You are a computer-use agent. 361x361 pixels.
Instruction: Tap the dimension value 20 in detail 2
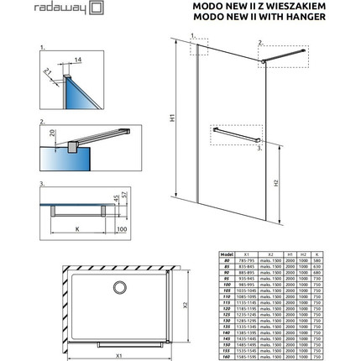pyautogui.click(x=51, y=132)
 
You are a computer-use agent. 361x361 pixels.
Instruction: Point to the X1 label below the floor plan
pyautogui.click(x=118, y=356)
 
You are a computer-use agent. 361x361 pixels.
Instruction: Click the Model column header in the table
pyautogui.click(x=226, y=251)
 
